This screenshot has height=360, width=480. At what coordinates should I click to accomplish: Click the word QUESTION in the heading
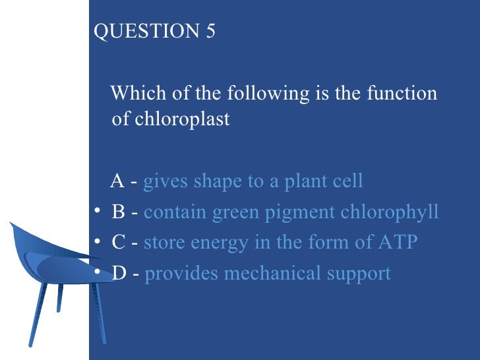[x=144, y=32]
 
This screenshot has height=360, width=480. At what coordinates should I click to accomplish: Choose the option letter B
[x=119, y=212]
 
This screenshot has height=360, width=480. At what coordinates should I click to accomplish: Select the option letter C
[x=119, y=243]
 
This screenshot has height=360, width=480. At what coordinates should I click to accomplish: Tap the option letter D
[x=119, y=273]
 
